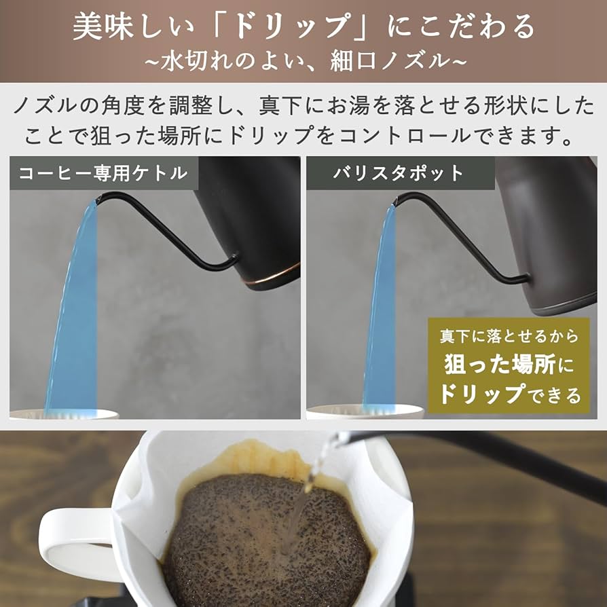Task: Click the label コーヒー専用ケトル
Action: point(103,173)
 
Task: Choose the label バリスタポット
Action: point(398,173)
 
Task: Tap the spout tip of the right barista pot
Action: point(398,198)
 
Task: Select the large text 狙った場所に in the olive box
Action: point(509,365)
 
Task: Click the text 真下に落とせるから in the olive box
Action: point(509,335)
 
